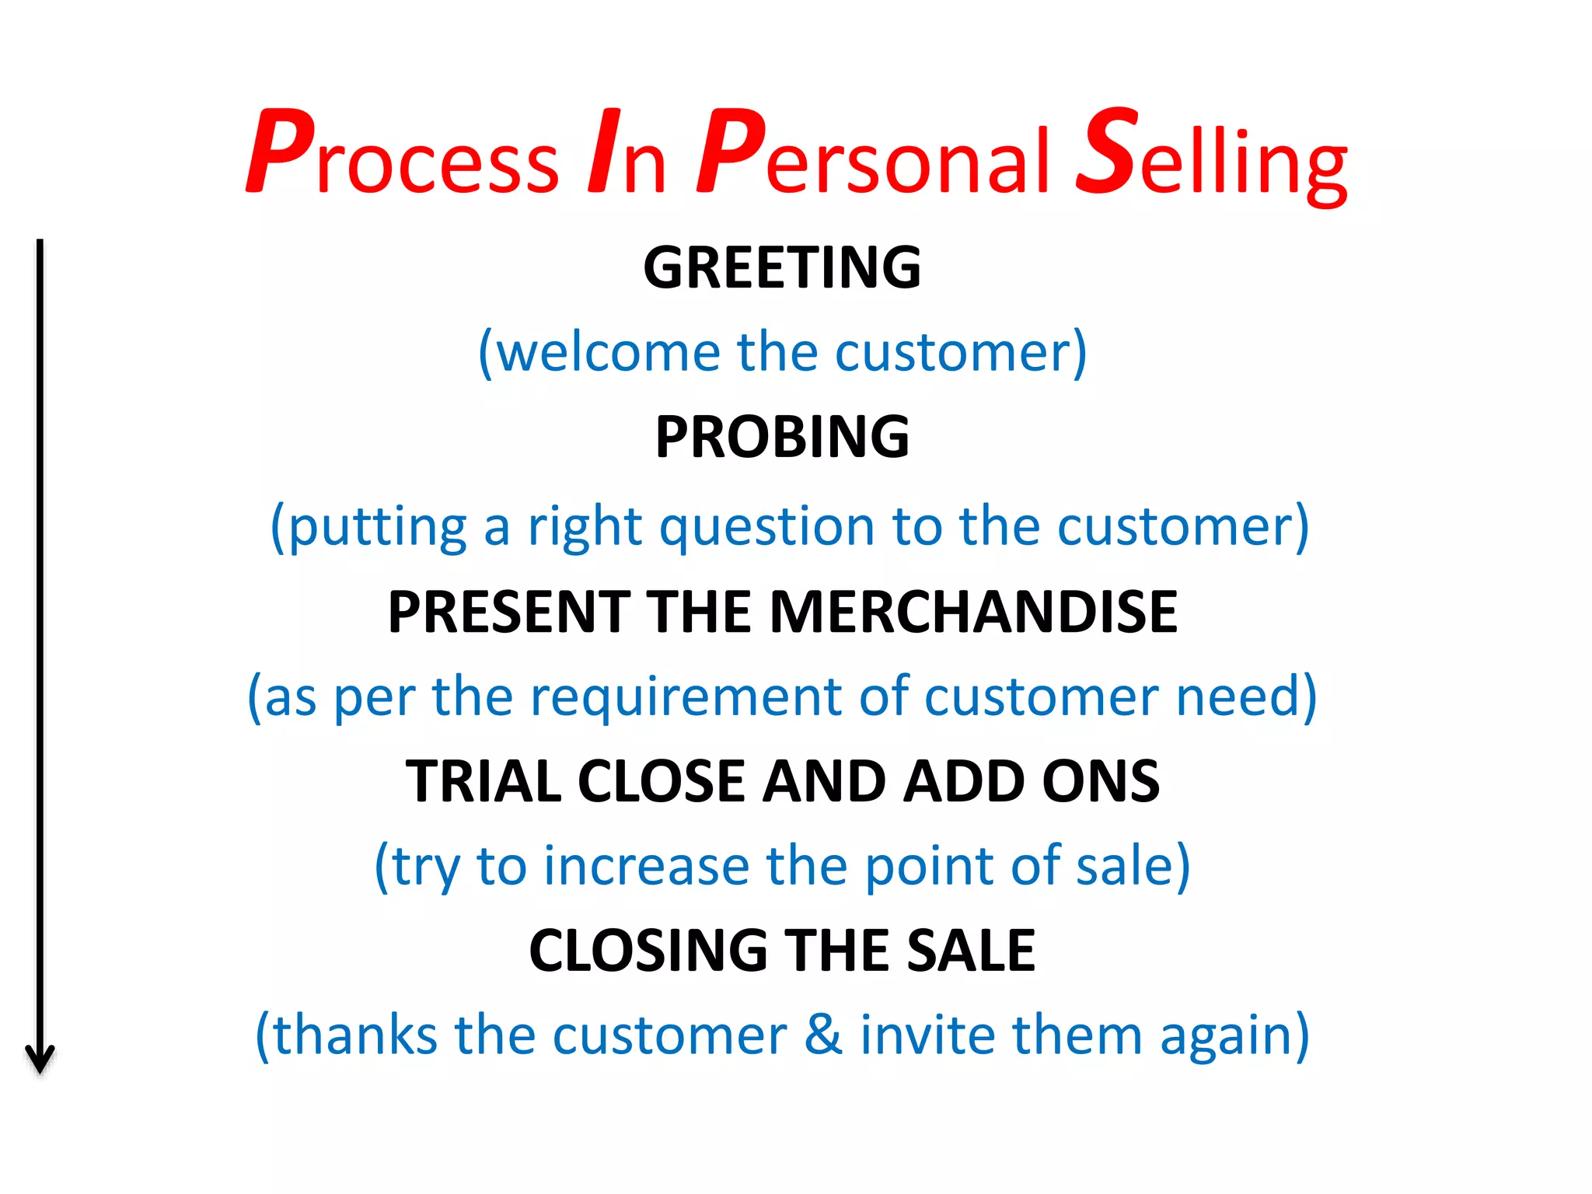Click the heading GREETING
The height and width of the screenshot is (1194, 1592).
click(782, 267)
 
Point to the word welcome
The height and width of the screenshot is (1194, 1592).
click(607, 352)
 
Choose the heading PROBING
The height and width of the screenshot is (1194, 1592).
click(782, 437)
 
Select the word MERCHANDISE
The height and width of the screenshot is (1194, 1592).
click(973, 612)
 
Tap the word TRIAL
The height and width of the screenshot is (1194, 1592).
click(482, 781)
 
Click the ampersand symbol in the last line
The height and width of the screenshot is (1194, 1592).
click(823, 1035)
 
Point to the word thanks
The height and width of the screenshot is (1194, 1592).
click(355, 1035)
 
